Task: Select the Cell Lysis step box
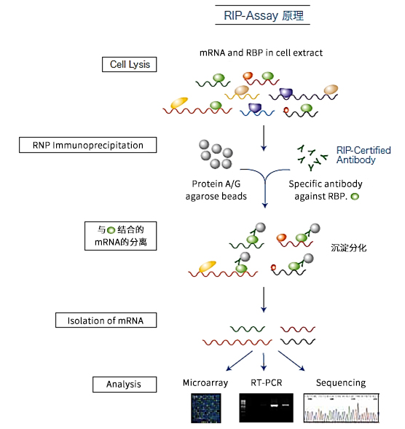129,65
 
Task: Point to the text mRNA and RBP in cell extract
261,52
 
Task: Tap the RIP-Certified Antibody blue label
363,155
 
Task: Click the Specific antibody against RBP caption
323,190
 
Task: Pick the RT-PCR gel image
266,409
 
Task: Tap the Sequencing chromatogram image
342,409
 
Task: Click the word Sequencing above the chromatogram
340,382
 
